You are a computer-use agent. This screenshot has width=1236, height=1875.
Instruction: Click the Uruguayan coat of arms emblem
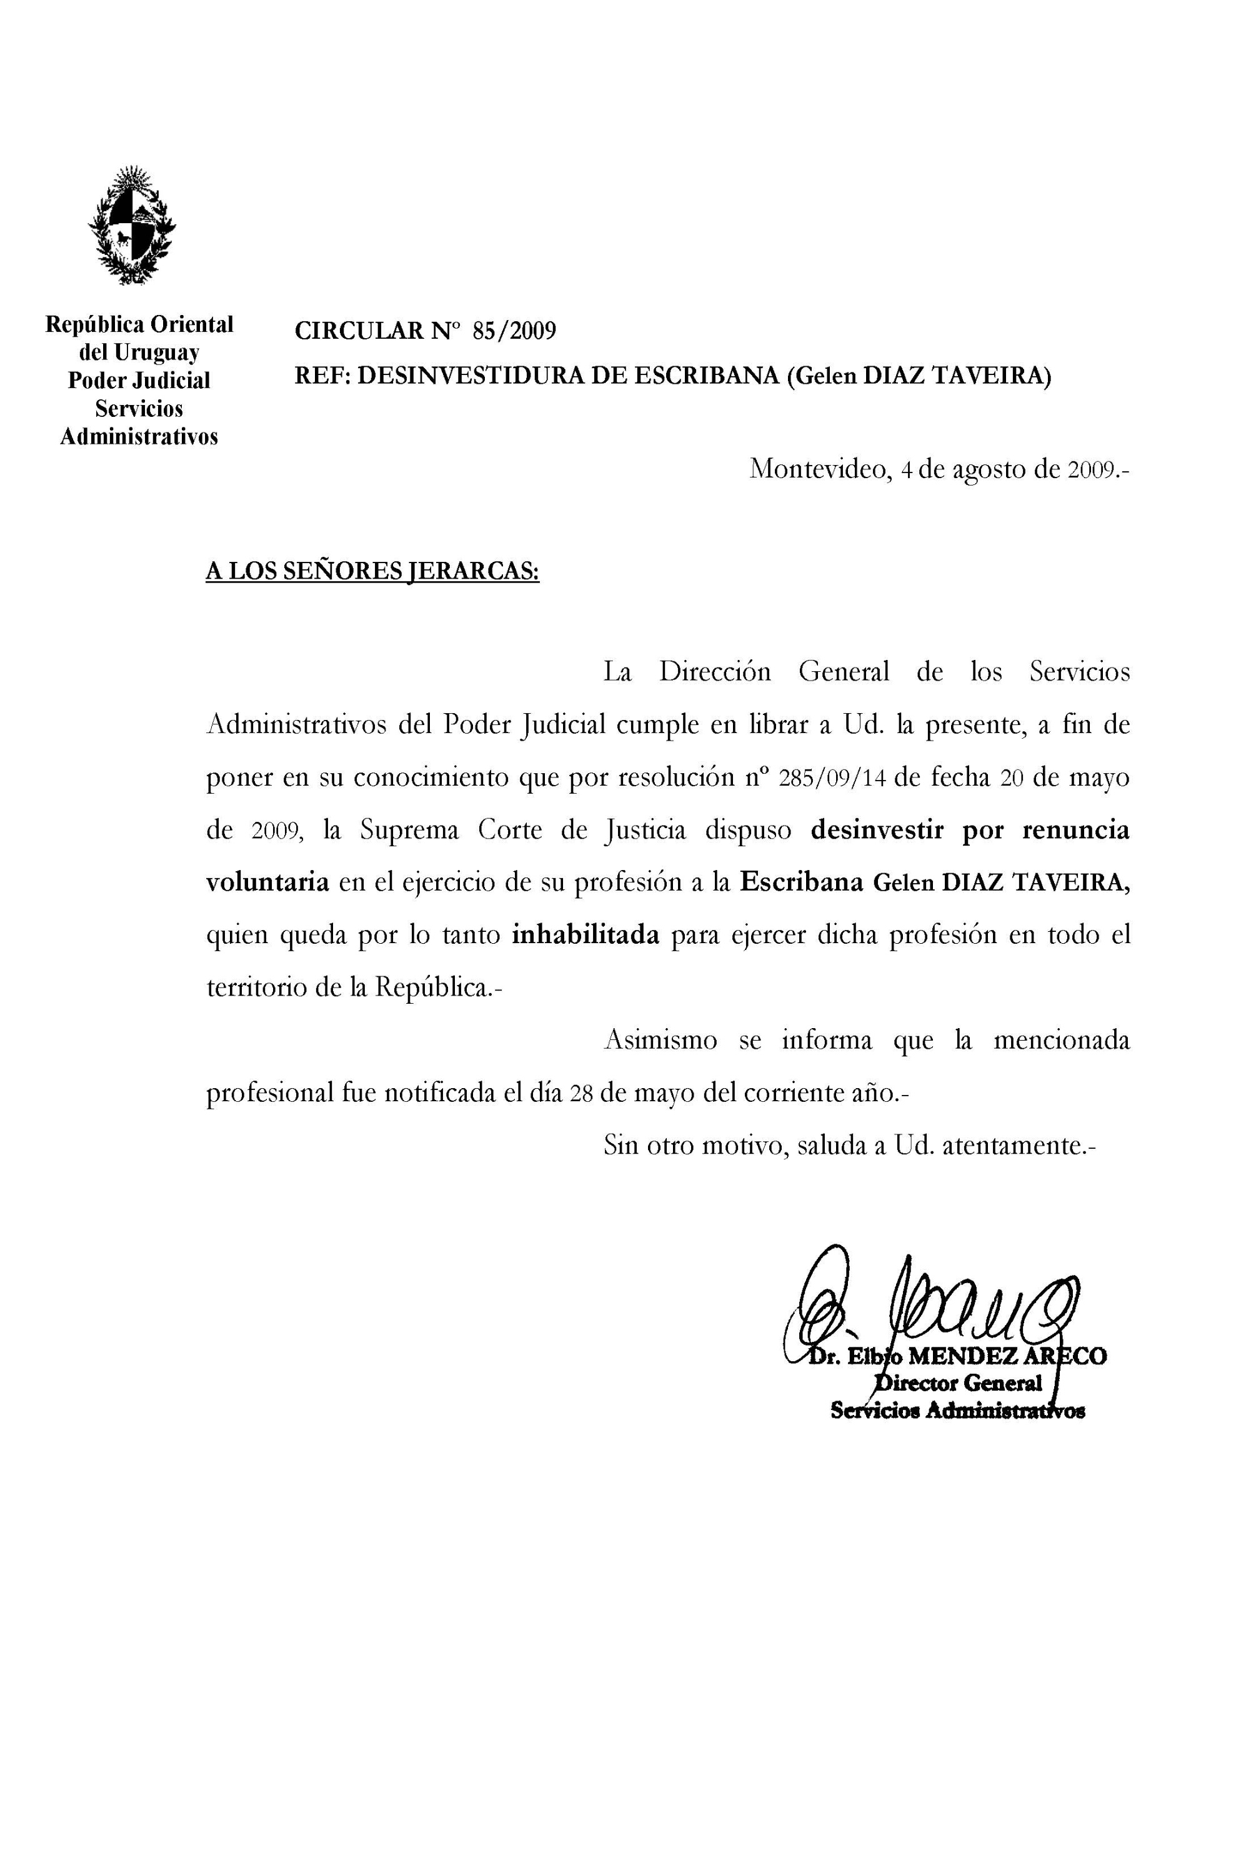coord(132,226)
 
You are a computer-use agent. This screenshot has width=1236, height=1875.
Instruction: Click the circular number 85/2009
coord(514,331)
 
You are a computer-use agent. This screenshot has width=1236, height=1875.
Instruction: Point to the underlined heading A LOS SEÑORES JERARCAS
coord(372,570)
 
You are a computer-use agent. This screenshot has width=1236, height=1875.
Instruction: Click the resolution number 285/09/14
coord(832,778)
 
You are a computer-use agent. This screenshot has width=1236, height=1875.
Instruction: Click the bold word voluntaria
coord(267,883)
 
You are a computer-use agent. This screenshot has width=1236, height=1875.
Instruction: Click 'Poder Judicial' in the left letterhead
coord(139,381)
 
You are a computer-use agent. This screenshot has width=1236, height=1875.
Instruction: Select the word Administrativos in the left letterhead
coord(139,437)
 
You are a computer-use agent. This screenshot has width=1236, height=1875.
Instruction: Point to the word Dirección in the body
coord(715,672)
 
